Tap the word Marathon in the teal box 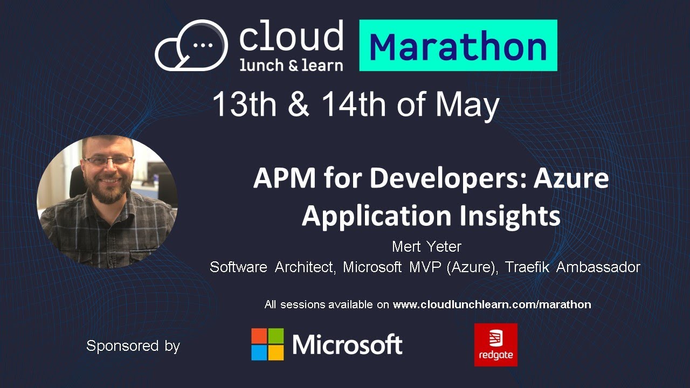click(458, 46)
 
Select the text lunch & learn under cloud click(291, 65)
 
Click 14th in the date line click(354, 105)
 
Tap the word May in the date click(467, 105)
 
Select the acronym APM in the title click(283, 178)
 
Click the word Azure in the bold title click(571, 178)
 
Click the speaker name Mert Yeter click(426, 247)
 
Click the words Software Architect click(273, 267)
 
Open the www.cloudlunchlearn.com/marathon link click(492, 304)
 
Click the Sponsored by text click(133, 345)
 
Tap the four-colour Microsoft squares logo click(267, 344)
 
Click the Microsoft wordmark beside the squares click(347, 345)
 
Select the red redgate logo click(495, 345)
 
